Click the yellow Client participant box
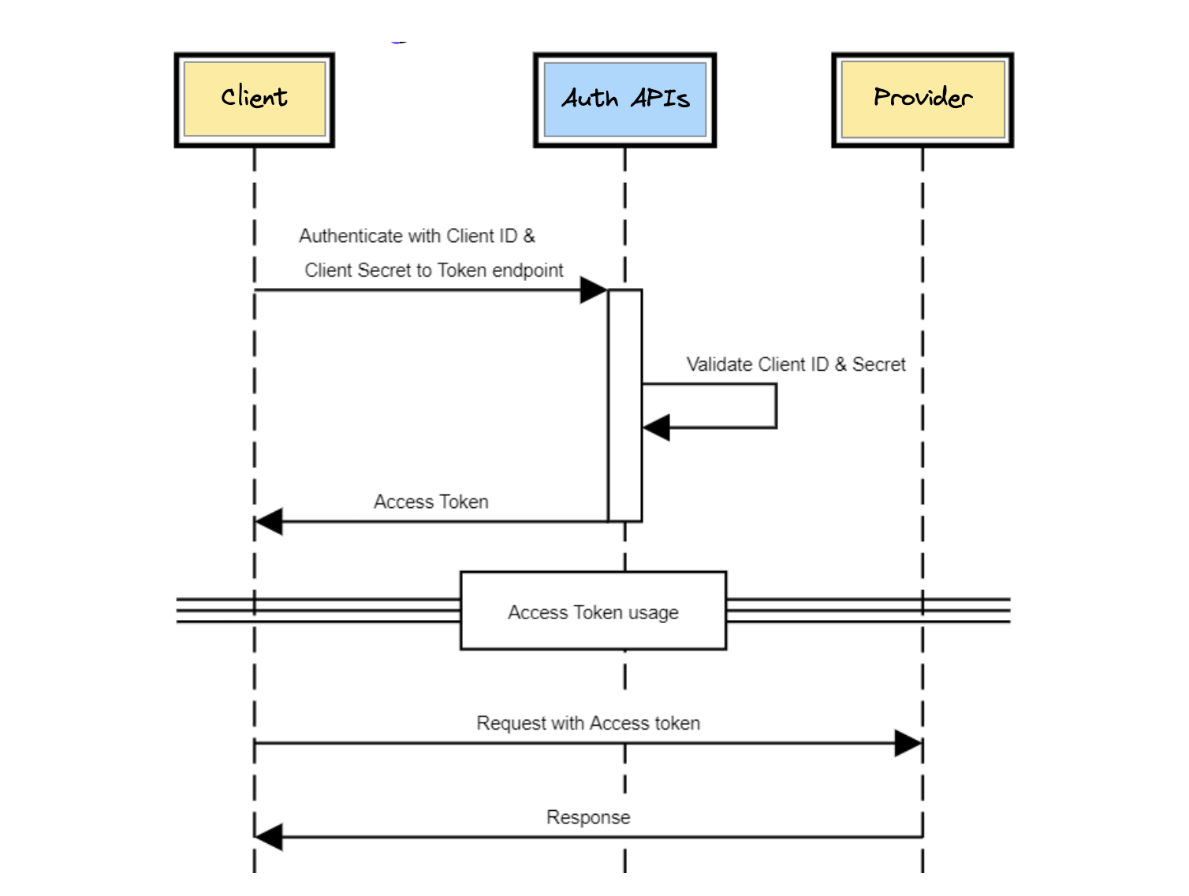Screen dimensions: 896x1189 [254, 99]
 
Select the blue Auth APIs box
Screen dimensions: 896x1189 [624, 99]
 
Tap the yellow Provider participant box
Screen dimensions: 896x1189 [922, 99]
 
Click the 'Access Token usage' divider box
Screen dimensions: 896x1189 [593, 611]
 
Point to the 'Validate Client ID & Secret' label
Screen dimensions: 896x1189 [796, 364]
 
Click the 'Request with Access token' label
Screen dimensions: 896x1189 [588, 723]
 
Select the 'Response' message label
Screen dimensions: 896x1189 [588, 817]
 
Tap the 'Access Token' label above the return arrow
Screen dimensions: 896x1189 [430, 502]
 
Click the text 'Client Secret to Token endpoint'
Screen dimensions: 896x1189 [434, 271]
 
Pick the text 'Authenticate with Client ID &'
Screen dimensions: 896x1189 [417, 236]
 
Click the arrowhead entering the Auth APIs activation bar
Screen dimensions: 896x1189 [594, 290]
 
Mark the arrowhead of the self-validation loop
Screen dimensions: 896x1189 [656, 427]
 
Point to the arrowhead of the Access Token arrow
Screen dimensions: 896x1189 [269, 521]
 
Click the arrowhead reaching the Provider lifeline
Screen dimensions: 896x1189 [908, 743]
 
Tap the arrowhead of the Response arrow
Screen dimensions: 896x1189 [269, 837]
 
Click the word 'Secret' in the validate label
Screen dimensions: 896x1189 [878, 364]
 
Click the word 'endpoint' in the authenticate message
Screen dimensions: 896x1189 [527, 271]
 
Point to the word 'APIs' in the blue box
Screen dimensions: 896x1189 [660, 99]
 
